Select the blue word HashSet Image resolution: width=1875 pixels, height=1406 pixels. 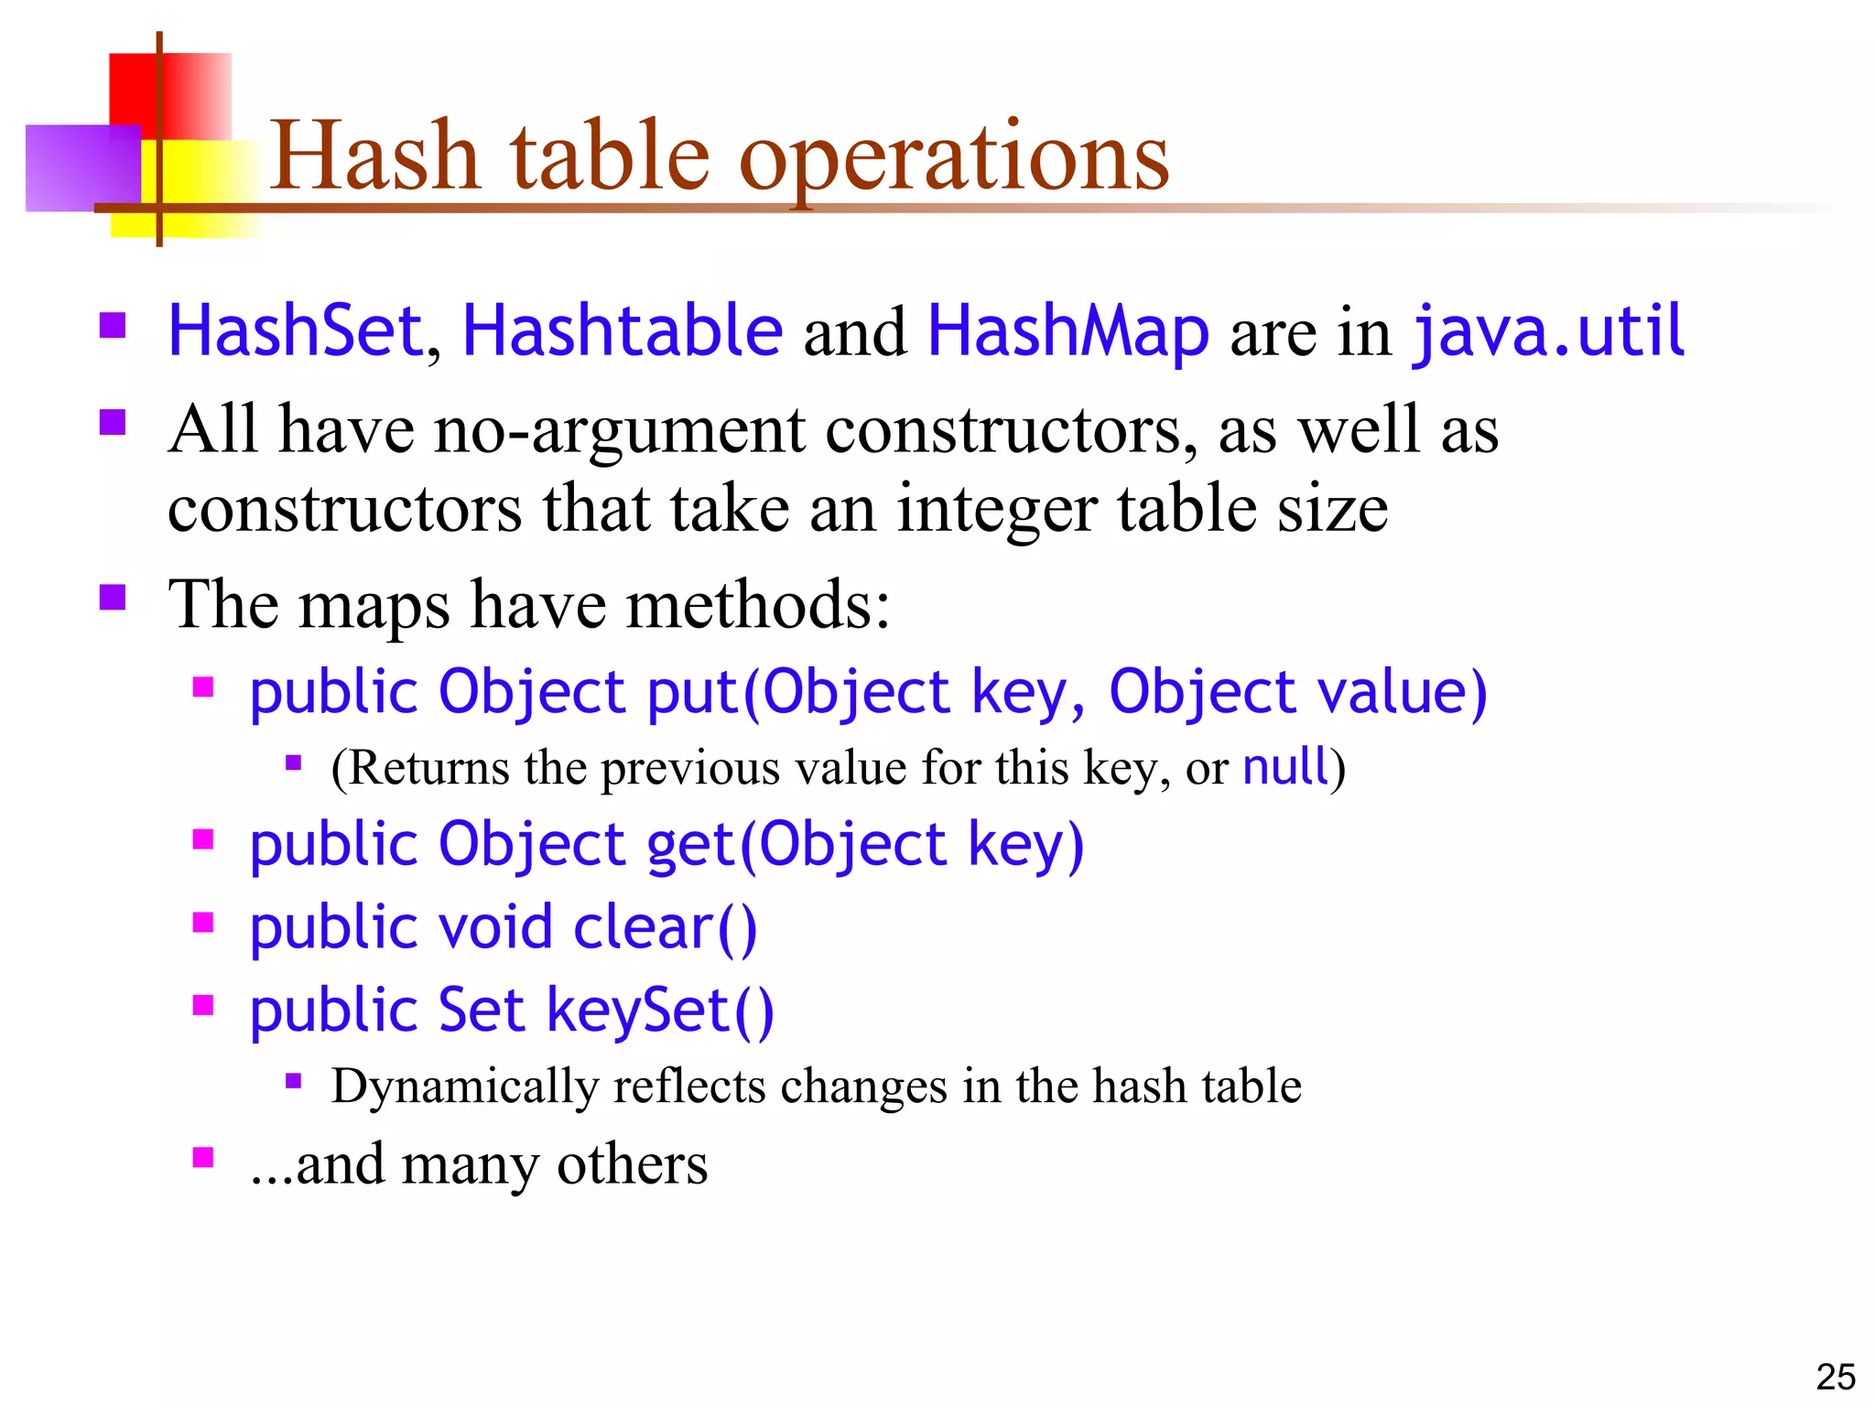[x=295, y=330]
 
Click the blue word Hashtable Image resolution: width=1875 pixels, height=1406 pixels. [x=623, y=330]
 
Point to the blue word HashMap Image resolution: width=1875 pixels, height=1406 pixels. [x=1068, y=330]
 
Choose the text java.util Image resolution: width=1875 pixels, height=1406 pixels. [x=1548, y=330]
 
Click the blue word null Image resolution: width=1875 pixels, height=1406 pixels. [x=1284, y=766]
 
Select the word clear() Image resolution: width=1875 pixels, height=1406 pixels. [x=665, y=927]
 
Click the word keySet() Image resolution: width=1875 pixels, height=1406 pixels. [x=660, y=1011]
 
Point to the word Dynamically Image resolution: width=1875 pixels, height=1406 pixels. [x=464, y=1087]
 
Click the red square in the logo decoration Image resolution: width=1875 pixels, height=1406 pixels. [x=183, y=92]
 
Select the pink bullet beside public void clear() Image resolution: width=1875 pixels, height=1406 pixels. [x=203, y=923]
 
